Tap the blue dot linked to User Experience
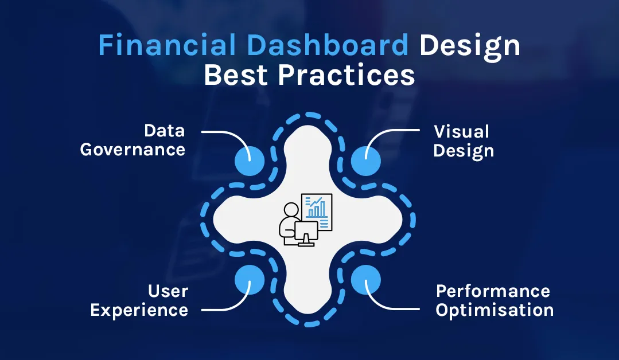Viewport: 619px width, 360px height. click(x=250, y=280)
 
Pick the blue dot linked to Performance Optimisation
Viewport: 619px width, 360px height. click(x=365, y=280)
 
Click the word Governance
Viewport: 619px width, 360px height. click(x=133, y=150)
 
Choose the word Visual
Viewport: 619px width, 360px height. click(x=461, y=132)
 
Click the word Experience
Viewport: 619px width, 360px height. click(x=139, y=311)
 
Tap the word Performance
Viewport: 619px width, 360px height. click(x=493, y=291)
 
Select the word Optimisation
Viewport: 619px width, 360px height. click(x=495, y=311)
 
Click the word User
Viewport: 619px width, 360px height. click(x=168, y=291)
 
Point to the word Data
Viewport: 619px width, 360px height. click(x=164, y=131)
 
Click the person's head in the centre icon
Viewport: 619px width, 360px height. click(x=291, y=210)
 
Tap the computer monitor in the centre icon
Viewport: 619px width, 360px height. click(x=305, y=232)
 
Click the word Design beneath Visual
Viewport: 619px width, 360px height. click(x=464, y=151)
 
